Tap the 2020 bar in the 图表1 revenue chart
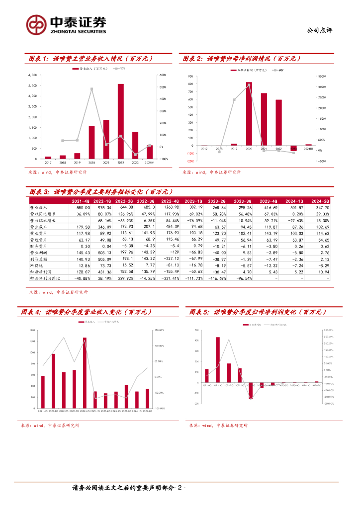(91, 142)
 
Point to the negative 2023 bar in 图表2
(293, 148)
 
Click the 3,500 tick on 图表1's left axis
(33, 85)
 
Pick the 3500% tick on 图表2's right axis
(322, 77)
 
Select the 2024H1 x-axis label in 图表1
(149, 163)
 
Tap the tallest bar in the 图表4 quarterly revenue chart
(85, 373)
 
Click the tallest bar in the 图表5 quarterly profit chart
(218, 360)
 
